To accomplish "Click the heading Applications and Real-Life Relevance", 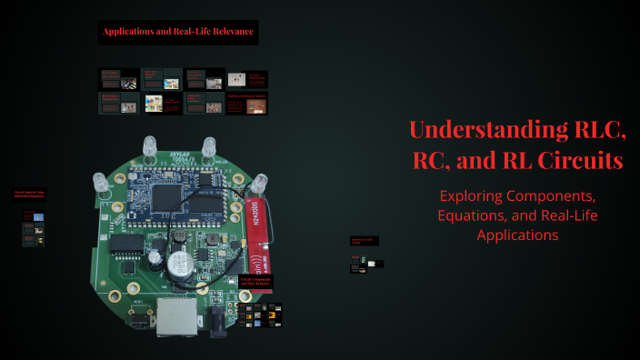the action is (178, 33).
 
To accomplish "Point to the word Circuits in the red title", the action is (579, 161).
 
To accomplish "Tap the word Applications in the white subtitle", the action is (517, 235).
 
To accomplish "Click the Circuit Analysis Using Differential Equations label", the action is (29, 194).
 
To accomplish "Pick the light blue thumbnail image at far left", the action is (38, 216).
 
